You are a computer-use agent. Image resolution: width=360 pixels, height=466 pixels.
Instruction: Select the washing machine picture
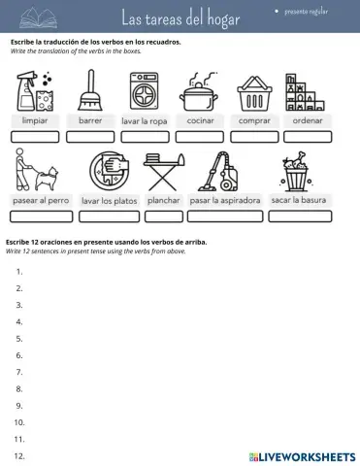click(x=144, y=94)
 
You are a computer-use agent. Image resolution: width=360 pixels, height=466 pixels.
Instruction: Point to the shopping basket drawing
click(x=252, y=94)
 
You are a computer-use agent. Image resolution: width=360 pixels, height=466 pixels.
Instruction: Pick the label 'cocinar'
click(x=200, y=120)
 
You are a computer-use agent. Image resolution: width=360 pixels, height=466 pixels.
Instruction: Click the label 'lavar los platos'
click(x=109, y=201)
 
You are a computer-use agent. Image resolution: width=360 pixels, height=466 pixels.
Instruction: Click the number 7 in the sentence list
click(x=19, y=372)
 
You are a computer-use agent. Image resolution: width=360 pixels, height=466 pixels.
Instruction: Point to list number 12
click(x=19, y=455)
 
